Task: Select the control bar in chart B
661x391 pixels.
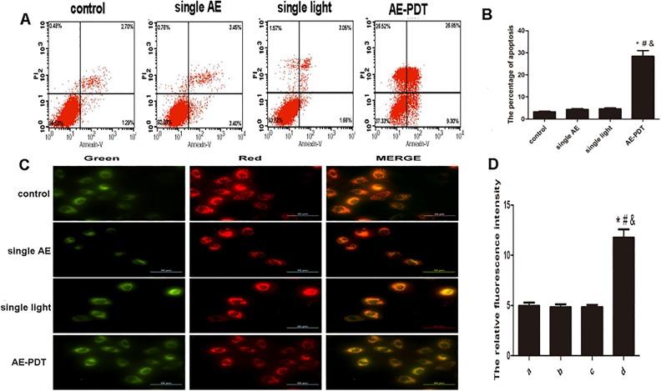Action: coord(544,115)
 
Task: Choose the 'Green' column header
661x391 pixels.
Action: coord(103,158)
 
